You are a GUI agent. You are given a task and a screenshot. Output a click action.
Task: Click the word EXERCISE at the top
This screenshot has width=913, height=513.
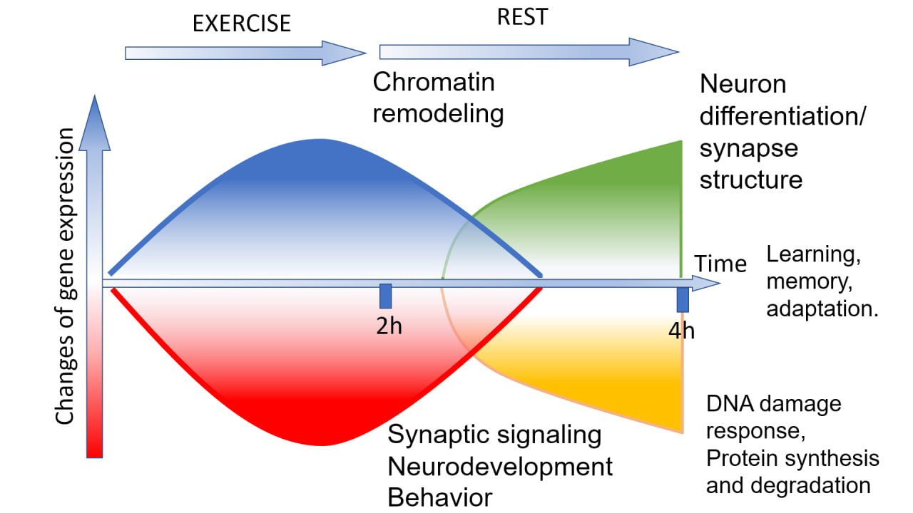(x=242, y=24)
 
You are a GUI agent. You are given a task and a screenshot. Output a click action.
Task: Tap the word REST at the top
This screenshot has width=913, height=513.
(x=522, y=17)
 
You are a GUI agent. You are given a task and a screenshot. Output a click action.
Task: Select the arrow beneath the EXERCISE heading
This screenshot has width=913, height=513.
(x=245, y=53)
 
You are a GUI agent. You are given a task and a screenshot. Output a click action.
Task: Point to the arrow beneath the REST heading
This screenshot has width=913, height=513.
(x=529, y=52)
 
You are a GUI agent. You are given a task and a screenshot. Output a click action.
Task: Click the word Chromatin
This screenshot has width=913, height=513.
(x=434, y=82)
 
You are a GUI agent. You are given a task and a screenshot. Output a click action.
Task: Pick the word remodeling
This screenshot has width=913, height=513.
(x=438, y=113)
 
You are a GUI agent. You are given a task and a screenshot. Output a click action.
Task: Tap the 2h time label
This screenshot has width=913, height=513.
(x=389, y=326)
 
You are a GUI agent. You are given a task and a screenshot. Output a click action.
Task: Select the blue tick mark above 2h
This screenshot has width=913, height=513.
(x=386, y=296)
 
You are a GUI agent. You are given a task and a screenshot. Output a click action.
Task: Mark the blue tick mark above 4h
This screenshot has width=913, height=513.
(x=683, y=300)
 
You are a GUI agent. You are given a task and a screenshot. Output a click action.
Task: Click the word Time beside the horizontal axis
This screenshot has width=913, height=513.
(x=720, y=264)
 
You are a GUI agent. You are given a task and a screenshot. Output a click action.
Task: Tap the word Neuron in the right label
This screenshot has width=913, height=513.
(x=743, y=84)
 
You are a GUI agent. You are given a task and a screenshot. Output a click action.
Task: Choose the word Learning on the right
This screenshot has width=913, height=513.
(x=814, y=255)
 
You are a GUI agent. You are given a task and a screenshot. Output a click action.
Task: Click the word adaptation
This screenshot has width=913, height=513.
(x=822, y=309)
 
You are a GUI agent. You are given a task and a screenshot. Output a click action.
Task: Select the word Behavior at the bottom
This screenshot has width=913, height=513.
(x=440, y=497)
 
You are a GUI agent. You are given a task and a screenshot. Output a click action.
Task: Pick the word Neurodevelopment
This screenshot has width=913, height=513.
(x=500, y=467)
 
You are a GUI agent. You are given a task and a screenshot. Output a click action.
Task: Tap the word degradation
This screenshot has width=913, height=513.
(x=811, y=486)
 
